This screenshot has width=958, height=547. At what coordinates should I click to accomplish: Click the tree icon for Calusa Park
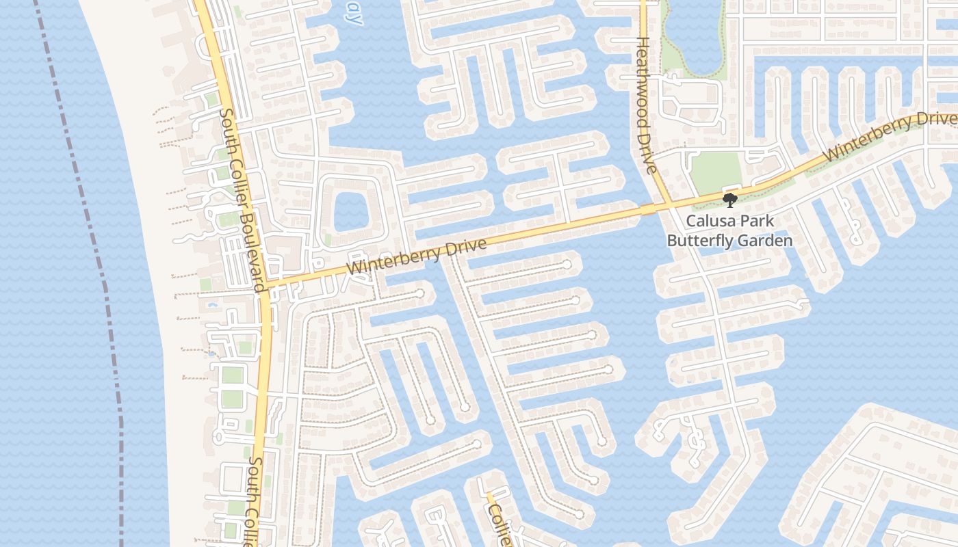point(730,200)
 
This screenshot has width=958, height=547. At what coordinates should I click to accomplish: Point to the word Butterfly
point(698,241)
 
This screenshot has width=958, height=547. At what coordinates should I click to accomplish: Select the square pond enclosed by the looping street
point(352,209)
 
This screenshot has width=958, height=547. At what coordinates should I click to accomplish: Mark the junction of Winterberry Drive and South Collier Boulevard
point(267,283)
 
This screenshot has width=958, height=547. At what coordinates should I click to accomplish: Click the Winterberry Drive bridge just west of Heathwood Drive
point(647,209)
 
